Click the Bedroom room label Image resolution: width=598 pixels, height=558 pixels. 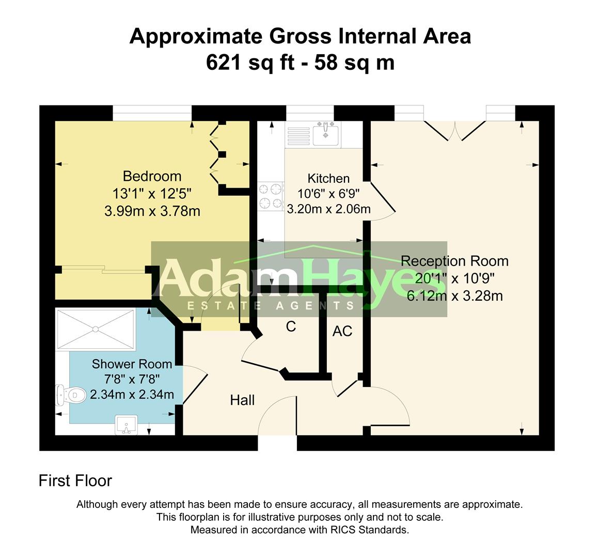(x=152, y=177)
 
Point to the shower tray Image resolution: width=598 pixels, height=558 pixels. (x=95, y=329)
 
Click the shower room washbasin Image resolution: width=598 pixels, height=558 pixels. (x=125, y=425)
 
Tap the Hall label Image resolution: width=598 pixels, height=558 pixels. (x=242, y=400)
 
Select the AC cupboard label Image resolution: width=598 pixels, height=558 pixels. (x=342, y=331)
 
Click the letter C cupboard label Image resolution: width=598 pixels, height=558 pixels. (x=291, y=327)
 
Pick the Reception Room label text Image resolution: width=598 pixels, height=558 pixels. (x=454, y=261)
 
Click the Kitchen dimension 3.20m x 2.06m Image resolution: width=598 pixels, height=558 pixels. (x=328, y=209)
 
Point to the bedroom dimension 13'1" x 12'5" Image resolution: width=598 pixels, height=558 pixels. (x=152, y=194)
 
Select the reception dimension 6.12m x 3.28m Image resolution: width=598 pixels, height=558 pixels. (x=454, y=296)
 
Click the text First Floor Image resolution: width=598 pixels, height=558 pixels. (x=75, y=481)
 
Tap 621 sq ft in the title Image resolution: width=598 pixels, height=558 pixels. (x=250, y=63)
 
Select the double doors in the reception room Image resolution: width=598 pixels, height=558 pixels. (x=454, y=131)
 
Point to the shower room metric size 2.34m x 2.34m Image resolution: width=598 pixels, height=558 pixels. (x=132, y=395)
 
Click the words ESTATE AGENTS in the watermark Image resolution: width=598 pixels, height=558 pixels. (x=271, y=305)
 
